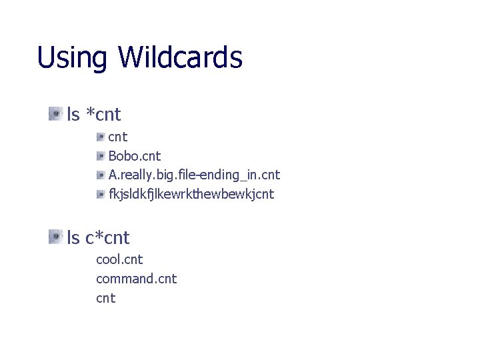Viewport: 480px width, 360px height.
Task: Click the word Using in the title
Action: [72, 58]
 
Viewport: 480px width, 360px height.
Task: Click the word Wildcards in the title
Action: [180, 57]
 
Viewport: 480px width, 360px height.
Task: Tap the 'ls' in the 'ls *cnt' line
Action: [73, 115]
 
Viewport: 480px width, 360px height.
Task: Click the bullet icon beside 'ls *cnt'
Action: [55, 114]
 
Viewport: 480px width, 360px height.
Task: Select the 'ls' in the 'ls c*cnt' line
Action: [73, 237]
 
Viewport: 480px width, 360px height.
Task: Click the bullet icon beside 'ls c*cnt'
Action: [55, 237]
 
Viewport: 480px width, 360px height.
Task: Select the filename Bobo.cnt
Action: [135, 156]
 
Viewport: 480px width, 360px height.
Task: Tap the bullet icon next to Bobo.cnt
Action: [101, 156]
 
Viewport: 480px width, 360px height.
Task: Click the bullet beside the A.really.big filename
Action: [101, 175]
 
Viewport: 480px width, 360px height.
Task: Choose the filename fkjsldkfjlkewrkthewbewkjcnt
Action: [191, 195]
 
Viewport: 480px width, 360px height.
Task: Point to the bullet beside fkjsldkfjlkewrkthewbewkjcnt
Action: [101, 195]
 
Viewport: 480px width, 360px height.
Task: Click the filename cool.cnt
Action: [119, 259]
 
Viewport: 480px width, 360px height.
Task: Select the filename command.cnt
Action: [136, 279]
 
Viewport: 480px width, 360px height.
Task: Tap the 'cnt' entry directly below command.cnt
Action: [106, 299]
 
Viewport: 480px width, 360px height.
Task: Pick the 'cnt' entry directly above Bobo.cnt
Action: [118, 137]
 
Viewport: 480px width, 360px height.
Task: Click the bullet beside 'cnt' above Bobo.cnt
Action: [101, 137]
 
